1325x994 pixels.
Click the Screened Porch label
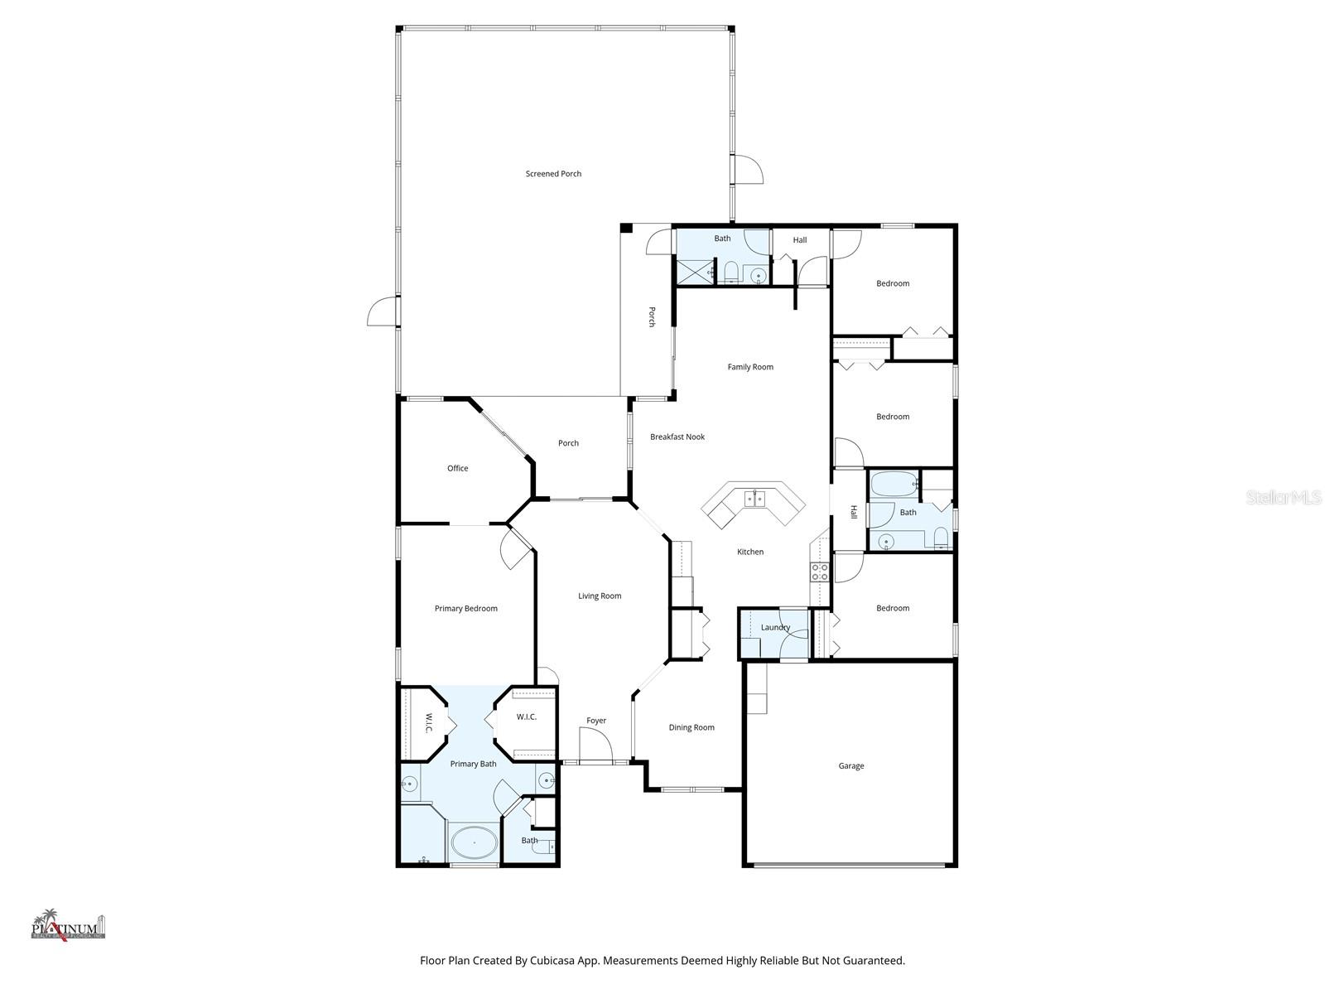pyautogui.click(x=553, y=174)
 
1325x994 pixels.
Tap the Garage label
pyautogui.click(x=850, y=766)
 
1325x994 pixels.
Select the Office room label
pyautogui.click(x=457, y=469)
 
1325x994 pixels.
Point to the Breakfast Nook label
pyautogui.click(x=677, y=437)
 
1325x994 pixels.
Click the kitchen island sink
pyautogui.click(x=754, y=499)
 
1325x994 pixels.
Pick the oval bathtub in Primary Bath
pyautogui.click(x=474, y=844)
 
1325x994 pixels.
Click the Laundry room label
pyautogui.click(x=775, y=628)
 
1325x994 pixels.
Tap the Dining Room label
pyautogui.click(x=691, y=728)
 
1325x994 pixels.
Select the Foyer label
pyautogui.click(x=596, y=721)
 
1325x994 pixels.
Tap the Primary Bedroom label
pyautogui.click(x=465, y=609)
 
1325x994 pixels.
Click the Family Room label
pyautogui.click(x=750, y=367)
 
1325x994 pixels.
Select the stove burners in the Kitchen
pyautogui.click(x=819, y=572)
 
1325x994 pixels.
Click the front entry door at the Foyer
pyautogui.click(x=595, y=750)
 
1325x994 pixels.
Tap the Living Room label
pyautogui.click(x=600, y=596)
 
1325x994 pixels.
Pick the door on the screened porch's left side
pyautogui.click(x=382, y=312)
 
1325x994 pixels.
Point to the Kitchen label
pyautogui.click(x=750, y=552)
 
